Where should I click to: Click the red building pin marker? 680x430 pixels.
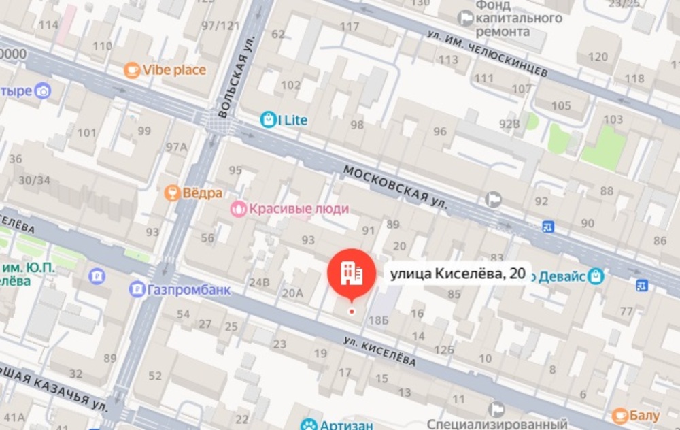coord(352,272)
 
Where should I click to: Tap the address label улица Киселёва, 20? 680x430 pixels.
coord(456,274)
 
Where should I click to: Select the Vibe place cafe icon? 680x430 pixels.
coord(131,70)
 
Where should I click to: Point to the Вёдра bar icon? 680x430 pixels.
coord(172,193)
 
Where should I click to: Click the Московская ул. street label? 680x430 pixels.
coord(395,186)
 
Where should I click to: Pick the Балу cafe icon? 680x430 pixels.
coord(620,415)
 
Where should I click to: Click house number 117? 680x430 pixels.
coord(349,27)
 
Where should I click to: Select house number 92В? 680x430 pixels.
coord(509,124)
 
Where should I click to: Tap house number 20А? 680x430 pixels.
coord(292,293)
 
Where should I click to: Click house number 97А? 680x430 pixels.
coord(176,147)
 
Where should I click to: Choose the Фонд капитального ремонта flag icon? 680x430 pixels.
coord(466,18)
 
